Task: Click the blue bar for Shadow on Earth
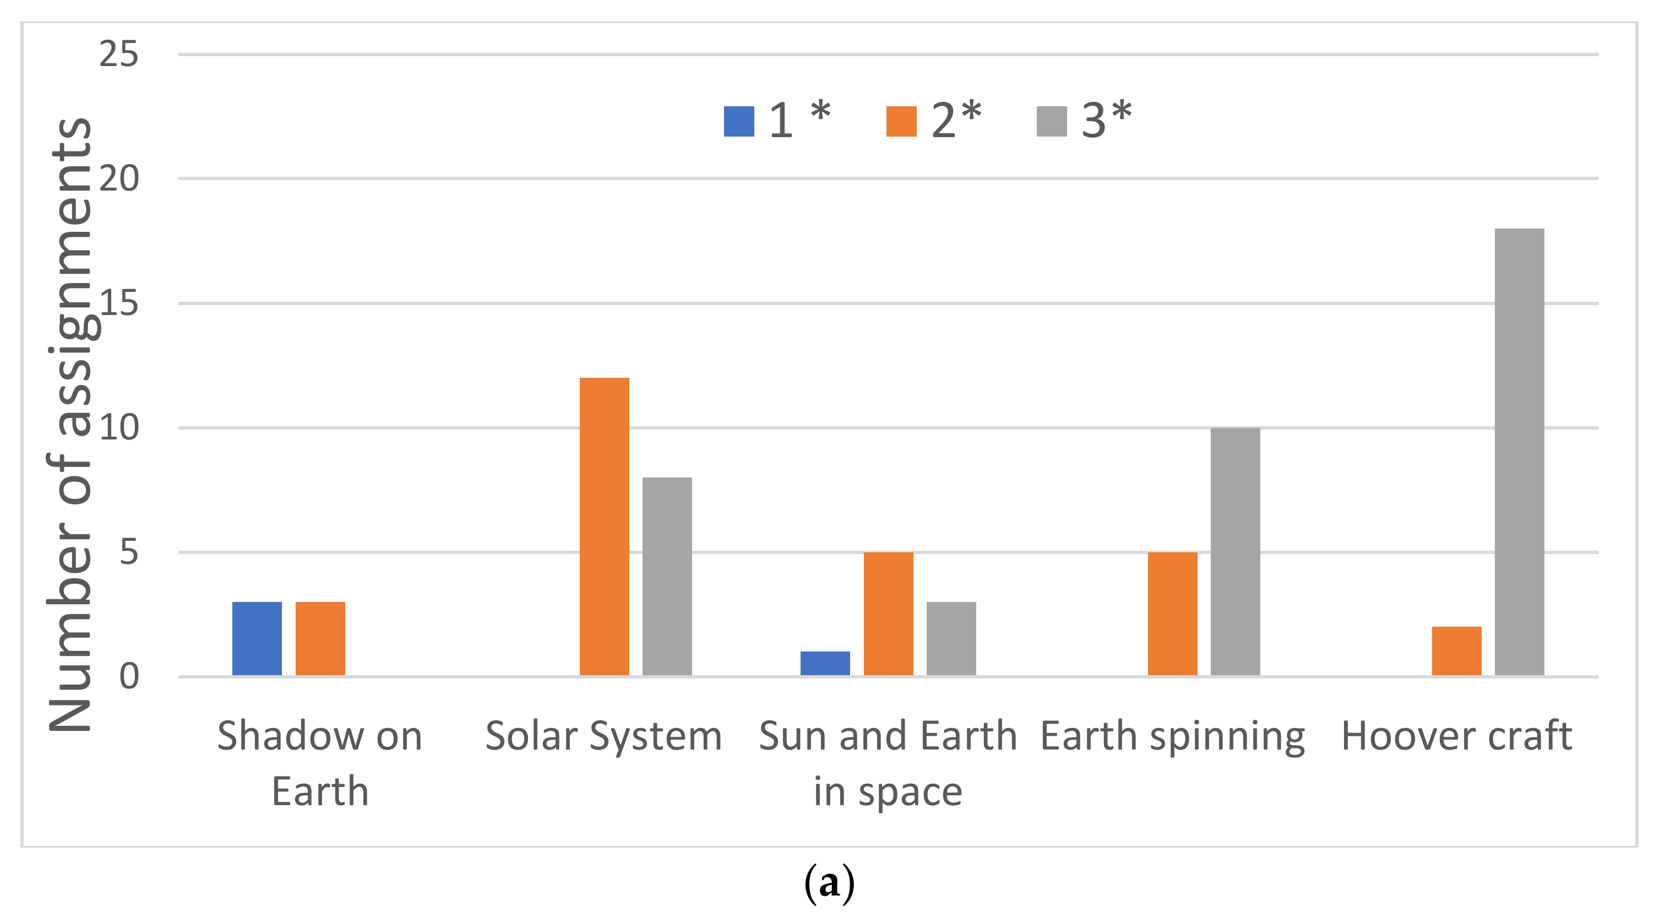tap(257, 638)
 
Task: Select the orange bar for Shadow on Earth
tap(320, 638)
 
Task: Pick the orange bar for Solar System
tap(604, 526)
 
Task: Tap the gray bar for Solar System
tap(667, 576)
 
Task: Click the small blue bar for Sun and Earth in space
tap(825, 663)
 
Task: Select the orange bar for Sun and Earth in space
tap(888, 613)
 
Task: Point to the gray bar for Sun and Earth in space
tap(951, 638)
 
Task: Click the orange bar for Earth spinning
tap(1172, 613)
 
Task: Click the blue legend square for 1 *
tap(738, 121)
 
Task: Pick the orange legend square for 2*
tap(901, 121)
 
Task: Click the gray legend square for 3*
tap(1051, 121)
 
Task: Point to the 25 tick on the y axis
tap(119, 54)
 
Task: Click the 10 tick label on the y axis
tap(119, 428)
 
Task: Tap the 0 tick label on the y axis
tap(128, 676)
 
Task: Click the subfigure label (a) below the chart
tap(829, 884)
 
